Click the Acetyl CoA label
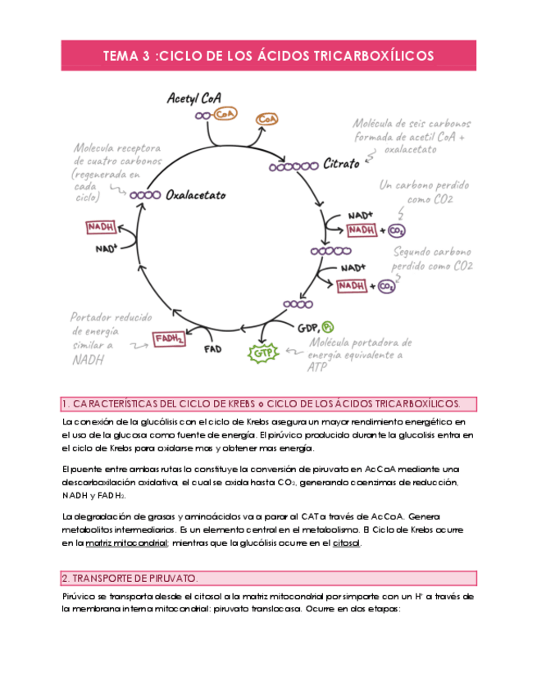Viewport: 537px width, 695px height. [x=193, y=98]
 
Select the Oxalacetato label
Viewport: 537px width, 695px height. [x=195, y=196]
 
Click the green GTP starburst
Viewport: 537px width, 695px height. [x=261, y=352]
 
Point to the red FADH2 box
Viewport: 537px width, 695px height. [x=168, y=338]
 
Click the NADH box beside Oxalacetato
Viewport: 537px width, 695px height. [x=101, y=227]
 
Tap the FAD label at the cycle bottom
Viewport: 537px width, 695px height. [x=212, y=348]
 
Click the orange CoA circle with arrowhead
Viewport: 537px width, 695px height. [x=267, y=120]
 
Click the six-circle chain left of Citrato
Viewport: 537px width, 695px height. [x=294, y=166]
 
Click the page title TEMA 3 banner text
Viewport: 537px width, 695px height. [x=268, y=57]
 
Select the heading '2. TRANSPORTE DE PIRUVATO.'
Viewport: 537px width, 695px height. [x=125, y=578]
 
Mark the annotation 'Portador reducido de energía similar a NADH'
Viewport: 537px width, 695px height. [x=102, y=338]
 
